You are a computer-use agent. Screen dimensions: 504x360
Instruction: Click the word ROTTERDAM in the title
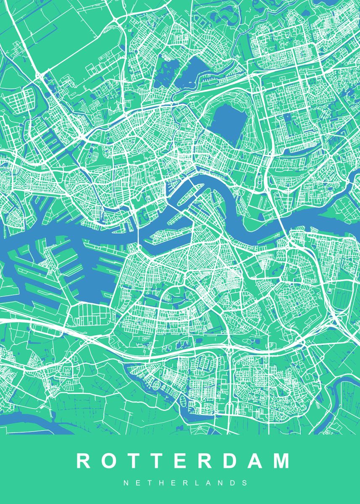point(183,461)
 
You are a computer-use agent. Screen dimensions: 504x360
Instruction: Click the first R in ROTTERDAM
point(83,461)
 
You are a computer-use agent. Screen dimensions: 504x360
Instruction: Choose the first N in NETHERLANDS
point(126,483)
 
